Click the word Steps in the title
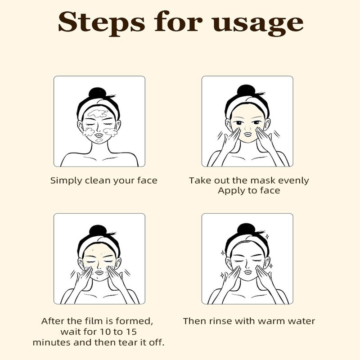[x=102, y=22]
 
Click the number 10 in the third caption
[x=106, y=332]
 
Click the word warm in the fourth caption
[x=271, y=321]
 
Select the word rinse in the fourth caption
[x=220, y=321]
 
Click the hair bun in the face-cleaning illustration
[x=98, y=93]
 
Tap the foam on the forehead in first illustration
[x=98, y=113]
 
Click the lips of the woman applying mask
[x=248, y=134]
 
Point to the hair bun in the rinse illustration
[x=246, y=229]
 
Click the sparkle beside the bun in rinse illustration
[x=267, y=236]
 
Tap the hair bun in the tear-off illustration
[x=98, y=230]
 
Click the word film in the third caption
[x=94, y=321]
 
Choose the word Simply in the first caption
[x=66, y=181]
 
